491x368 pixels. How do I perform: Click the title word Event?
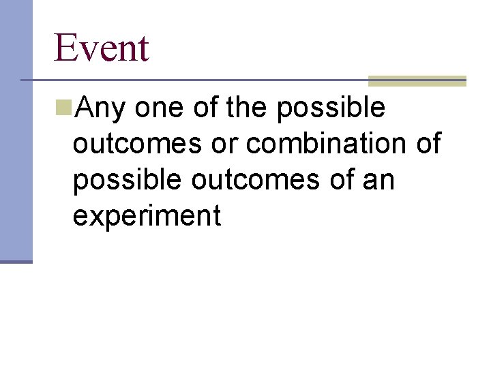pos(101,48)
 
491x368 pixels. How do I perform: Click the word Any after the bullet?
pos(102,109)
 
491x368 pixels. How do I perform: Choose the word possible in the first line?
pos(331,109)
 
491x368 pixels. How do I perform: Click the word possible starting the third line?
pos(128,181)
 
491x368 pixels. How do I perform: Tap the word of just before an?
pos(345,181)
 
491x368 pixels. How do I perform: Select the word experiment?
pos(147,217)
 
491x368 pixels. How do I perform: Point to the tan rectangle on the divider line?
pos(417,80)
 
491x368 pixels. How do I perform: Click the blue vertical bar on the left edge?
pos(16,129)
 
